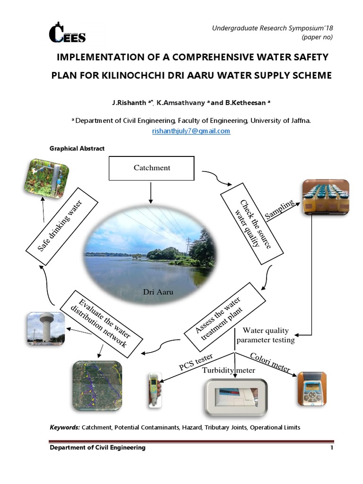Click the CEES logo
[x=67, y=33]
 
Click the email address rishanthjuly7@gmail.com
[x=191, y=131]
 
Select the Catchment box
[x=152, y=168]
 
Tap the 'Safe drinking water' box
[x=61, y=225]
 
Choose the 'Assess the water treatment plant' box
[x=225, y=316]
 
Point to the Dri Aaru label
[x=158, y=292]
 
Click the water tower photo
[x=45, y=328]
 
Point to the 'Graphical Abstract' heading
[x=77, y=148]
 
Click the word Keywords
[x=65, y=427]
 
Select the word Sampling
[x=280, y=209]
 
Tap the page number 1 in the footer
[x=332, y=448]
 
